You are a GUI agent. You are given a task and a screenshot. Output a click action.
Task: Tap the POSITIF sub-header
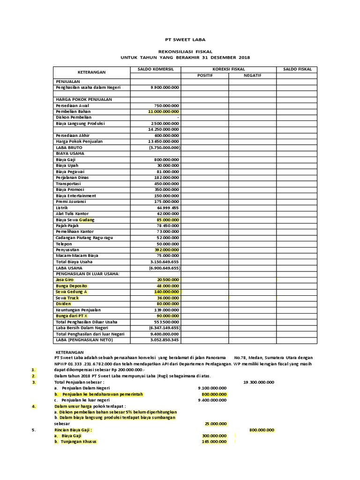205,75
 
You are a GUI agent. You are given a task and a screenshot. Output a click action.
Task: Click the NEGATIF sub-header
252,75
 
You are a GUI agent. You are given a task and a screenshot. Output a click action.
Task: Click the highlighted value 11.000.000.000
164,112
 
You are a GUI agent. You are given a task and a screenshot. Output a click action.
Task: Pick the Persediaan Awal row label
72,105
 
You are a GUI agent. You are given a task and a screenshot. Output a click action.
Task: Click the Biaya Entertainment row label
76,195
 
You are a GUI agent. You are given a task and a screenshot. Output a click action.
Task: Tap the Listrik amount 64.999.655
168,207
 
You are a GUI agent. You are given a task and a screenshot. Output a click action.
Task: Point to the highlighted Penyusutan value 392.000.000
166,250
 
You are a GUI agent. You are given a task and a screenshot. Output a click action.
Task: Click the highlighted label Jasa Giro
65,280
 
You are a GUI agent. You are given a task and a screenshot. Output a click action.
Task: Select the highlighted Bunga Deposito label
71,286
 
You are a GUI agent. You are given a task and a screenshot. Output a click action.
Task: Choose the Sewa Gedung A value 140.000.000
166,292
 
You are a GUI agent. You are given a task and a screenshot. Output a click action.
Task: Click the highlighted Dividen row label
63,304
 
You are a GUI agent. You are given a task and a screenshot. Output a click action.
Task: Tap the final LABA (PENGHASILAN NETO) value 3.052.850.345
165,340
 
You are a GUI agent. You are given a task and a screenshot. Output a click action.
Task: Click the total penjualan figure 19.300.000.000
259,382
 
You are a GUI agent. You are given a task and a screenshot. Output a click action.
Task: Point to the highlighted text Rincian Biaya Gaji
74,430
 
